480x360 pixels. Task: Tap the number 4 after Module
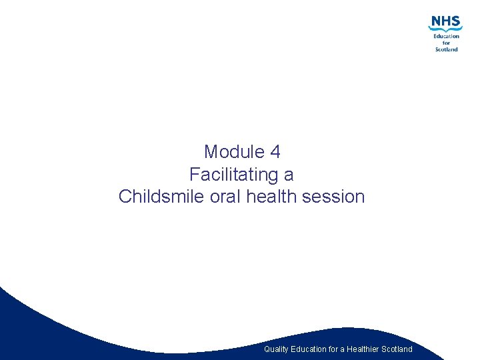275,152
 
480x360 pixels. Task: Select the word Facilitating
233,175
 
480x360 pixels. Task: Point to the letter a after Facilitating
289,175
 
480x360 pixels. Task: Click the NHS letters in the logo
445,21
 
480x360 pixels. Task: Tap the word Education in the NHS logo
446,36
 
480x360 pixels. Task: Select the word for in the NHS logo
447,43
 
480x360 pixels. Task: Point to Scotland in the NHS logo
446,49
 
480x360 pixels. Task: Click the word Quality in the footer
276,349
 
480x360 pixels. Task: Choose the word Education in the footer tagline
309,349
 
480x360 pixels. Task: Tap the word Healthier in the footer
363,349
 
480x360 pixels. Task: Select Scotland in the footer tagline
397,349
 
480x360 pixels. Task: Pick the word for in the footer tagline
334,349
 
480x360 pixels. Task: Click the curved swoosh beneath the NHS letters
444,29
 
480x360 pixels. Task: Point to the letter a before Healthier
343,349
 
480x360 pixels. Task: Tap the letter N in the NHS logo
436,21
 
